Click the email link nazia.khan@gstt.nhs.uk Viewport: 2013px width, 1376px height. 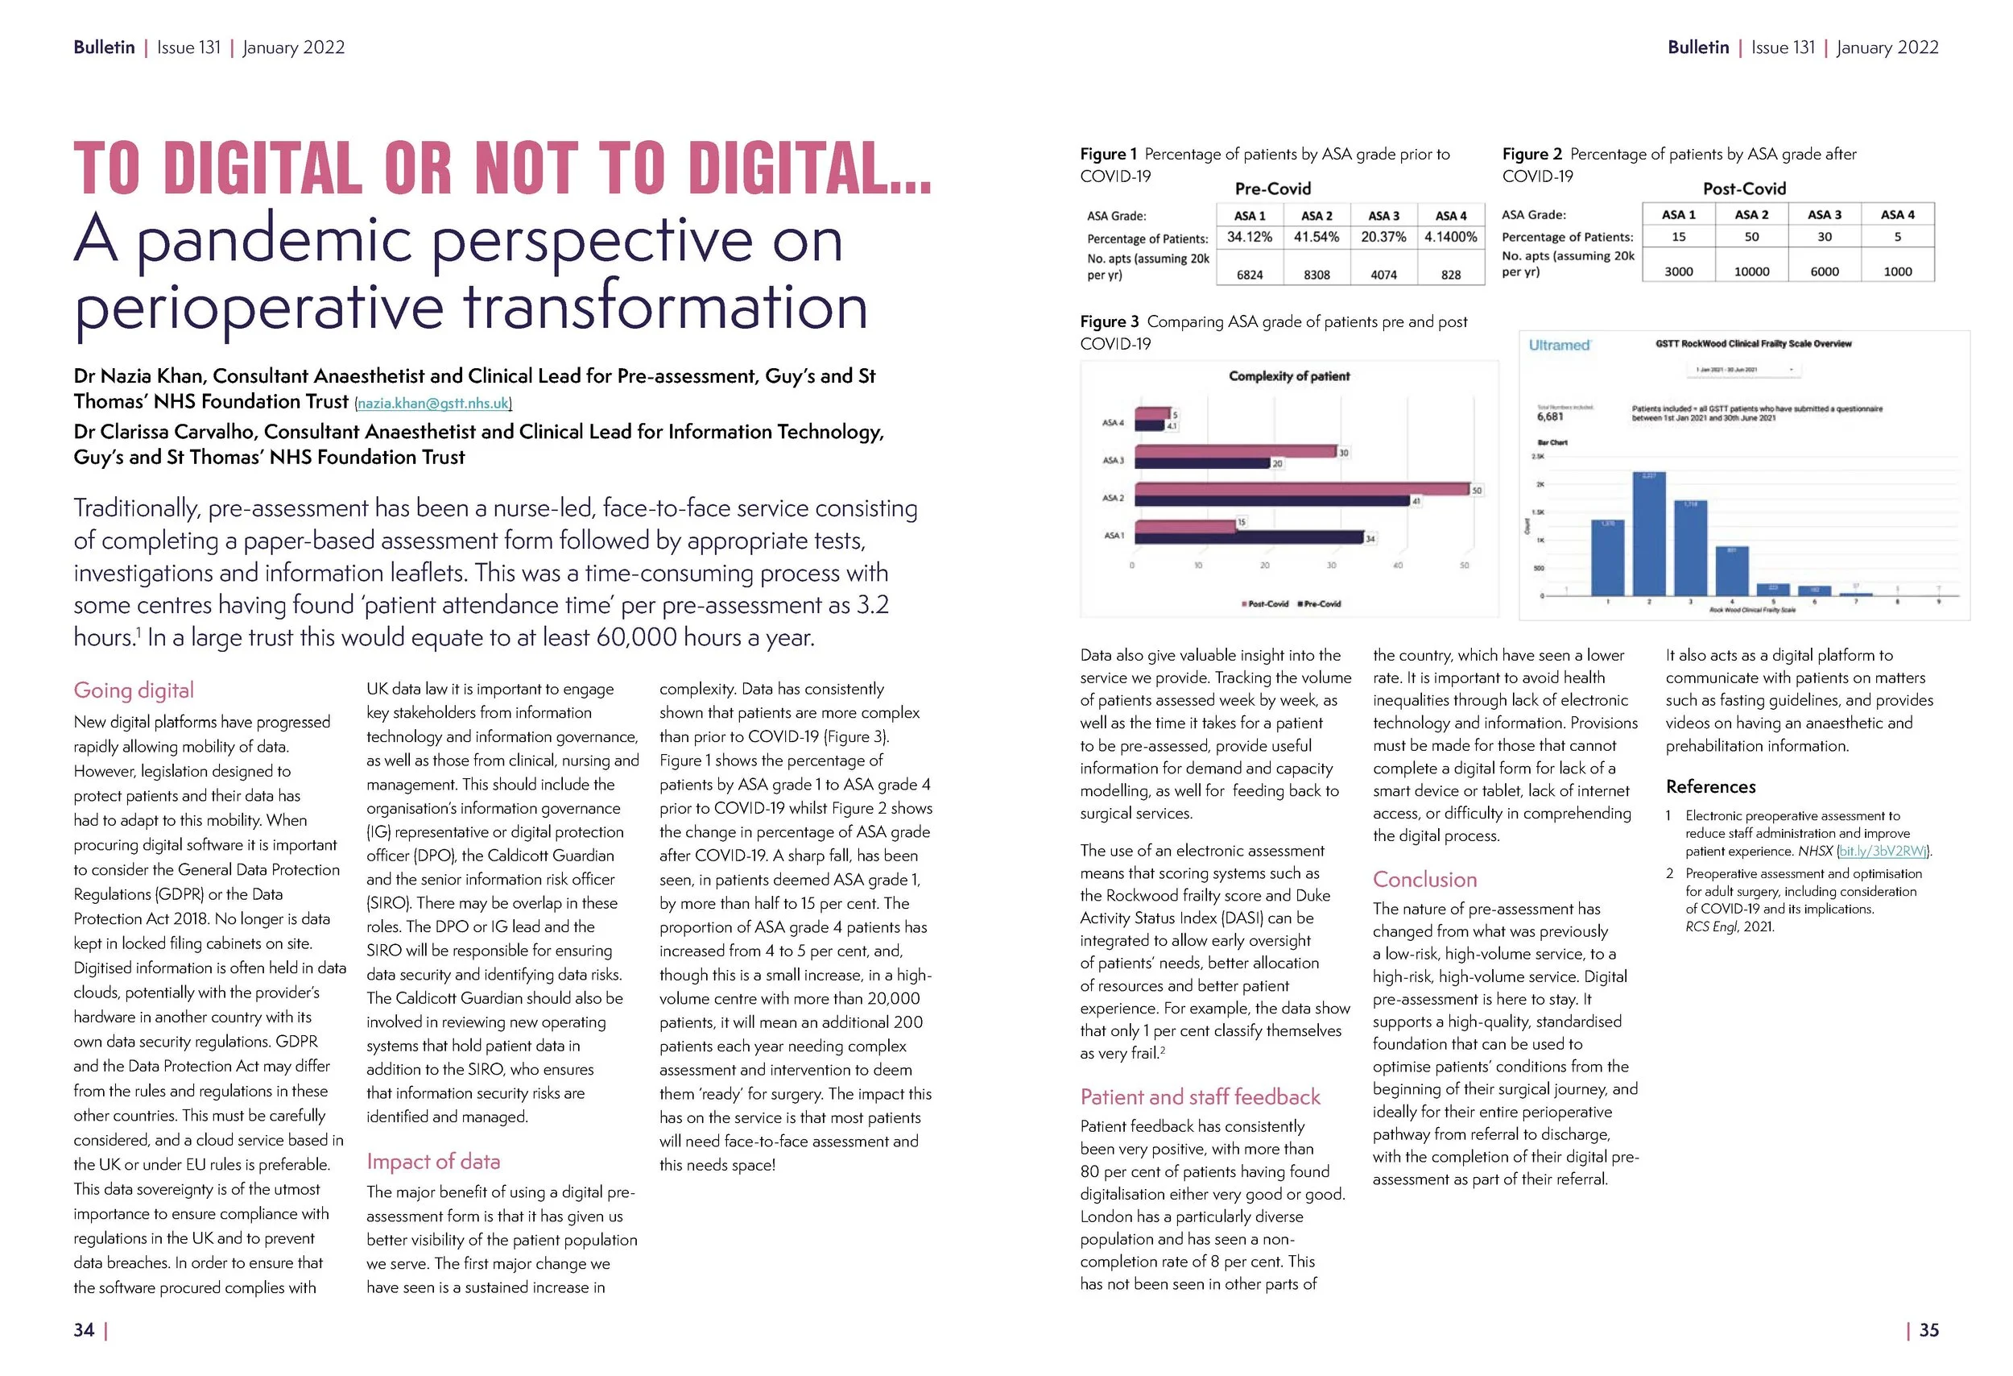tap(433, 403)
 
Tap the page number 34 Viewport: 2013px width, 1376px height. tap(84, 1329)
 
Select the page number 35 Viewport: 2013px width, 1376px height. tap(1929, 1329)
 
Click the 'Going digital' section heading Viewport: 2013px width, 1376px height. tap(134, 690)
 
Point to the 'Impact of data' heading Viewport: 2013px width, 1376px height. tap(433, 1161)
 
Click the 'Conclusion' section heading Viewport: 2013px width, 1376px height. tap(1424, 879)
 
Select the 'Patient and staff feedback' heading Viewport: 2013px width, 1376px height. tap(1200, 1096)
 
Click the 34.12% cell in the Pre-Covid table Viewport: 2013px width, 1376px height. tap(1249, 237)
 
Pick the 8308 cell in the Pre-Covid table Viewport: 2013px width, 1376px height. tap(1317, 275)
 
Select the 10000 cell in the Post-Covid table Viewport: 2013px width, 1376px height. tap(1751, 271)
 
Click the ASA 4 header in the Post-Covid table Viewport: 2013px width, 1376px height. tap(1897, 214)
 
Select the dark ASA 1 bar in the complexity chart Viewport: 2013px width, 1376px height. tap(1247, 538)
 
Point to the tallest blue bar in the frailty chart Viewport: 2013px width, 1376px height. tap(1648, 533)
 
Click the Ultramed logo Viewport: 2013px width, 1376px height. tap(1559, 345)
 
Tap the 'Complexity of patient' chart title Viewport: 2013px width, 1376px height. tap(1289, 376)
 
